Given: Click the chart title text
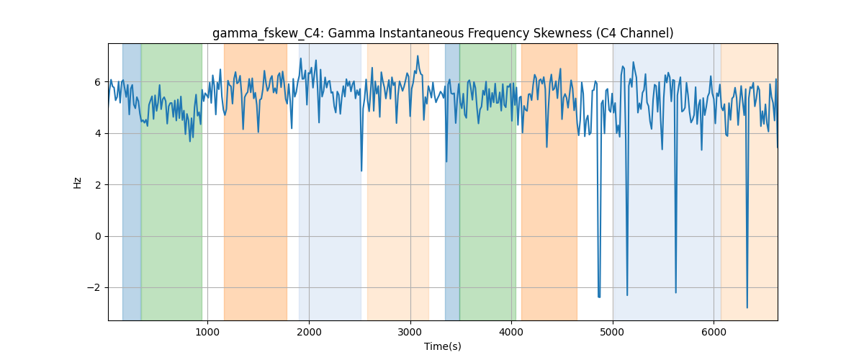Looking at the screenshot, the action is (443, 34).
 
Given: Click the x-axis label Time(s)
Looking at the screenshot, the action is (442, 346).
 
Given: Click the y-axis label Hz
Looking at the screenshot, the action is (78, 182).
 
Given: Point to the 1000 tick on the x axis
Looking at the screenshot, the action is (207, 332).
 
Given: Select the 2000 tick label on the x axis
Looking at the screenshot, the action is (309, 332).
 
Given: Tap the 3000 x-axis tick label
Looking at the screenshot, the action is (410, 332).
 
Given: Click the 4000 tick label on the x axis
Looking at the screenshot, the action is (511, 332).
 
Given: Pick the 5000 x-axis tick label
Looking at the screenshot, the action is (613, 332).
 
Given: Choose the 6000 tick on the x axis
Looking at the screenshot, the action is (714, 332).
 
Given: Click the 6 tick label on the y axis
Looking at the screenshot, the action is (98, 82).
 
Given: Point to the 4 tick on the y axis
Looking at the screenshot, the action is (98, 133).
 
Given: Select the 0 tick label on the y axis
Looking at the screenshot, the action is (98, 236).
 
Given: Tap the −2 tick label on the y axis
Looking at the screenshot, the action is (94, 287).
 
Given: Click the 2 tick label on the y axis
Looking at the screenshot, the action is (98, 185).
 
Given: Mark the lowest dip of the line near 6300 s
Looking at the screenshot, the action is (747, 307).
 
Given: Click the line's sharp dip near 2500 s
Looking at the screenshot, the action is (361, 171).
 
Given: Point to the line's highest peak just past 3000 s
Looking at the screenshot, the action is (418, 56).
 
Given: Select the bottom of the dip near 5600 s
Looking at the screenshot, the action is (676, 292).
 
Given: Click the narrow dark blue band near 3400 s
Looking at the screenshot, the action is (452, 181).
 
